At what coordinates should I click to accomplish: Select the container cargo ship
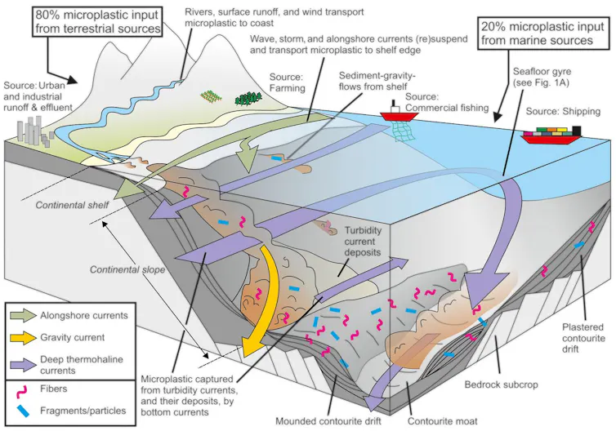tap(551, 135)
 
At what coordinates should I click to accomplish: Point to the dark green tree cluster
tap(248, 99)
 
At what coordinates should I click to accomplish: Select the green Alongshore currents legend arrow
tap(24, 316)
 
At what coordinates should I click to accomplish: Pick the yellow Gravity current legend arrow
tap(24, 338)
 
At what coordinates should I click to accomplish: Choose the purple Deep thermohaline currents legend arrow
tap(24, 364)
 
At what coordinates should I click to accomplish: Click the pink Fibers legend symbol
tap(21, 391)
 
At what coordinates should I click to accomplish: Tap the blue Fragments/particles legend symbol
tap(23, 411)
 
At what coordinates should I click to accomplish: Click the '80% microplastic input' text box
tap(98, 21)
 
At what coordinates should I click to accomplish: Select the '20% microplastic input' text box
tap(542, 33)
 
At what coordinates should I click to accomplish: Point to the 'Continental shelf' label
tap(72, 205)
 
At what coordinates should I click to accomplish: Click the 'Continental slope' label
tap(127, 269)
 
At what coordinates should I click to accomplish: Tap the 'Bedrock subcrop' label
tap(502, 384)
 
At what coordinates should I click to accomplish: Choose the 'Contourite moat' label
tap(442, 421)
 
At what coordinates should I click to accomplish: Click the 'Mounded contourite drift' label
tap(328, 421)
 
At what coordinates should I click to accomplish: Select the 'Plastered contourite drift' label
tap(583, 338)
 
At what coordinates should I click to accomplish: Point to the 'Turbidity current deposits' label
tap(363, 242)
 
